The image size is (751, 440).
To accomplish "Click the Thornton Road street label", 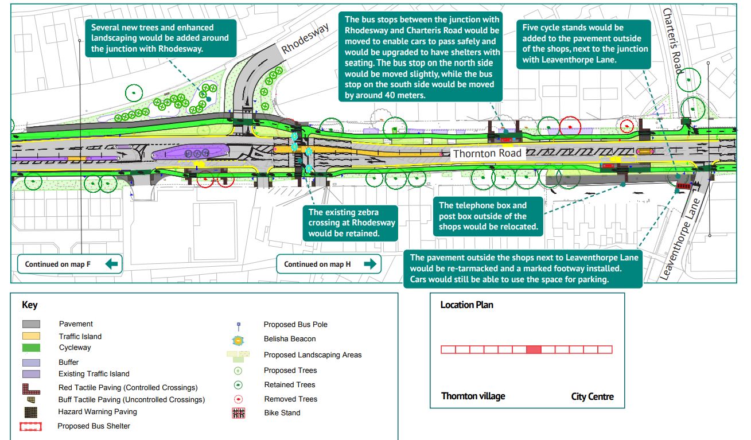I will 487,153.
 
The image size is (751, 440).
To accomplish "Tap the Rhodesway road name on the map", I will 306,40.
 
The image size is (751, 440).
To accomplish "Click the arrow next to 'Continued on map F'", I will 112,264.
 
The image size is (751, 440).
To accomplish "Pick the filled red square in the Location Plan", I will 534,349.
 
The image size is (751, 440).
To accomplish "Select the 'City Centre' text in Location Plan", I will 592,396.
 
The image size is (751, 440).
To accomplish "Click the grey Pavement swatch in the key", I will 31,324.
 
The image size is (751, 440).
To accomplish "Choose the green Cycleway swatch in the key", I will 31,348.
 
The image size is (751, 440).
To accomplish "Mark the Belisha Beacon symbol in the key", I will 238,340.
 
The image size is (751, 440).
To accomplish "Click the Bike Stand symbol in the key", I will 238,413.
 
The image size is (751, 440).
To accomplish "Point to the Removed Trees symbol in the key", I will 238,399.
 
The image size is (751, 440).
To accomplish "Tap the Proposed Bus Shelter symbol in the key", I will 31,427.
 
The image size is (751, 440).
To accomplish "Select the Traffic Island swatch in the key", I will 31,336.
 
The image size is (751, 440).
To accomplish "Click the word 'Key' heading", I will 30,305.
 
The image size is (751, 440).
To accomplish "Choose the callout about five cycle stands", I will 584,44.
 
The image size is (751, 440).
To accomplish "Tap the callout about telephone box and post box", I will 488,216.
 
